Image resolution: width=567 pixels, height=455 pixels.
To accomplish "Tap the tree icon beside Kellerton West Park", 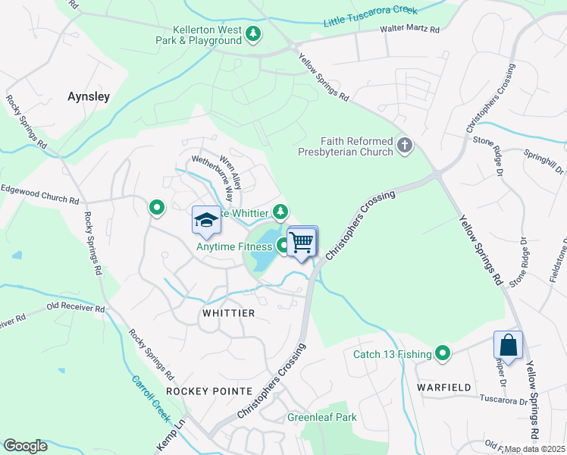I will click(253, 33).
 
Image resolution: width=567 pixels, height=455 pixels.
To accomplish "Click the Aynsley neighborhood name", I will click(89, 97).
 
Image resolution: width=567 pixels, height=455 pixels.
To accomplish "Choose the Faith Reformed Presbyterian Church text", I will click(356, 146).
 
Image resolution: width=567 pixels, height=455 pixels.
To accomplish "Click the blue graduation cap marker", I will click(206, 220).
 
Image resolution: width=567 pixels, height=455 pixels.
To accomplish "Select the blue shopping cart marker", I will click(302, 243).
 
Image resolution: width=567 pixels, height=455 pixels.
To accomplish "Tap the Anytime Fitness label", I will click(233, 246).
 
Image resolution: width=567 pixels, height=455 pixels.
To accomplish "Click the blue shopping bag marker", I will click(509, 345).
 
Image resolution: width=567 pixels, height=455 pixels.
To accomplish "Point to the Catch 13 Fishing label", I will click(392, 354).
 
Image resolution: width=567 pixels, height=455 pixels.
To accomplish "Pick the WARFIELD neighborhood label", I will click(443, 387).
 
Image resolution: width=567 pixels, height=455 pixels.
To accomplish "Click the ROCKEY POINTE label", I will click(208, 391).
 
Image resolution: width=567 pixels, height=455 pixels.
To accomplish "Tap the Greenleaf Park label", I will click(321, 417).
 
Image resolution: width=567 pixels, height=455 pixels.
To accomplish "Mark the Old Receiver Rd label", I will click(75, 308).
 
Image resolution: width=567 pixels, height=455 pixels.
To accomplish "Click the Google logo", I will click(26, 445).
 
